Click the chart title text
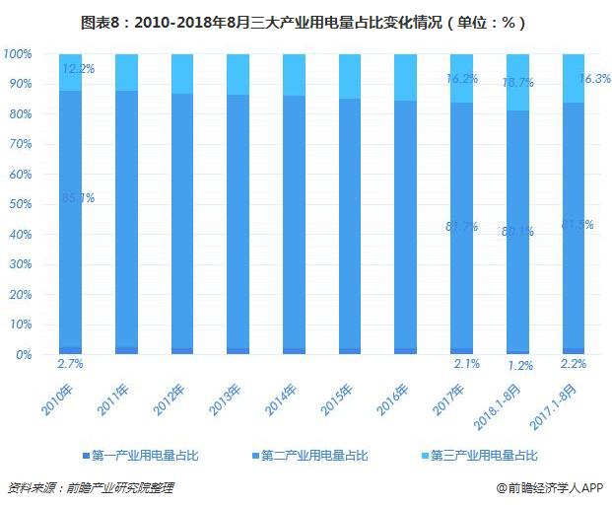pos(306,21)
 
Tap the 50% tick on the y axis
pos(21,204)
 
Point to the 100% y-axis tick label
pos(18,53)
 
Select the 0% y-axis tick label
pos(24,354)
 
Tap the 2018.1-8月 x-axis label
pos(501,398)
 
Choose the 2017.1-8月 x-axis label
pos(556,398)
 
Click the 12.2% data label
pos(78,69)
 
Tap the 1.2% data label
pos(520,366)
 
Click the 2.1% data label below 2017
pos(465,365)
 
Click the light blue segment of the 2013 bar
pos(238,74)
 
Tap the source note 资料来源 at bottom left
pos(94,487)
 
